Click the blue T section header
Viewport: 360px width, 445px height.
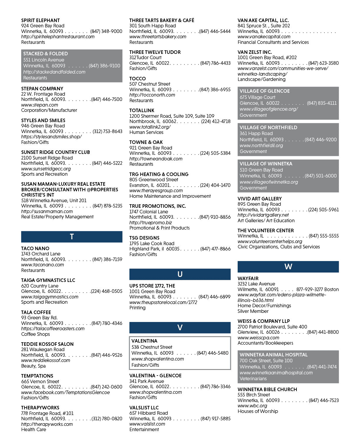[x=72, y=237]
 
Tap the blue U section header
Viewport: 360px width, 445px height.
[x=180, y=274]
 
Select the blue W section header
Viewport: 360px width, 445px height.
[x=288, y=267]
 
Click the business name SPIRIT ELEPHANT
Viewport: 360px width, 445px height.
[x=40, y=20]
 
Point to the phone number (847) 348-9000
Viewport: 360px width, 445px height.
[x=106, y=31]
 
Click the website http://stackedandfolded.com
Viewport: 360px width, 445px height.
[x=54, y=72]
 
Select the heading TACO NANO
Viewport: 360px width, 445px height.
[x=35, y=248]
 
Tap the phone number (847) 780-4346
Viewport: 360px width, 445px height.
[x=107, y=323]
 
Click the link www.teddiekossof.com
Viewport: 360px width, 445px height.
[x=46, y=360]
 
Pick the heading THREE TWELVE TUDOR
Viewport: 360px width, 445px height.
[x=155, y=52]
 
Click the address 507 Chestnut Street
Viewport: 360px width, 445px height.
[x=150, y=84]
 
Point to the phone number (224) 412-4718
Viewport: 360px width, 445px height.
[x=216, y=121]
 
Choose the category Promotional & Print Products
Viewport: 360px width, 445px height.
[x=159, y=228]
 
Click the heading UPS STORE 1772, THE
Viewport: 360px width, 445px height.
[x=152, y=286]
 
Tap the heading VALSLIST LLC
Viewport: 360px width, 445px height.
[x=144, y=407]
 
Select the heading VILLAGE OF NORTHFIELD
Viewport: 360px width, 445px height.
[x=268, y=127]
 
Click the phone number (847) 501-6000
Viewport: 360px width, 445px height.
[x=321, y=176]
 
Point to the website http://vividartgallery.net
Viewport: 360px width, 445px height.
[x=263, y=215]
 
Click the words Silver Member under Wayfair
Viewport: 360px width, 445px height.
[x=253, y=311]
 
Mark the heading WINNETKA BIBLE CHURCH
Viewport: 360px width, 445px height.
[x=267, y=389]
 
